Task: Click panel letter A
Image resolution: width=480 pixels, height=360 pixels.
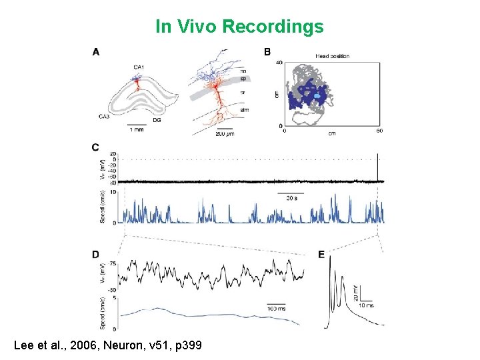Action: (97, 51)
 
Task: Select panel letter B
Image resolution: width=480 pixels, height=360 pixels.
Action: (267, 51)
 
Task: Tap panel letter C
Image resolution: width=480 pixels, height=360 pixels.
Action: (97, 147)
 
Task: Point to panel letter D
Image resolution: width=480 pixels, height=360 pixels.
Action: (97, 254)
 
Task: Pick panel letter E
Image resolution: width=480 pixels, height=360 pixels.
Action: (322, 254)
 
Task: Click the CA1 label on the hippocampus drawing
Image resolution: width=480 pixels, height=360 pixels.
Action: (138, 67)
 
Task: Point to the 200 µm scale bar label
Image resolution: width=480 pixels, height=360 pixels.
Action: (225, 133)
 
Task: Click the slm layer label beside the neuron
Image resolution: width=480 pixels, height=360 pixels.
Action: (244, 109)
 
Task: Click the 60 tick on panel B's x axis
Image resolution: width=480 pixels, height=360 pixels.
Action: (379, 131)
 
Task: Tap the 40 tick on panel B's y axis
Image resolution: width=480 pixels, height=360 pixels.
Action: (279, 63)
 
